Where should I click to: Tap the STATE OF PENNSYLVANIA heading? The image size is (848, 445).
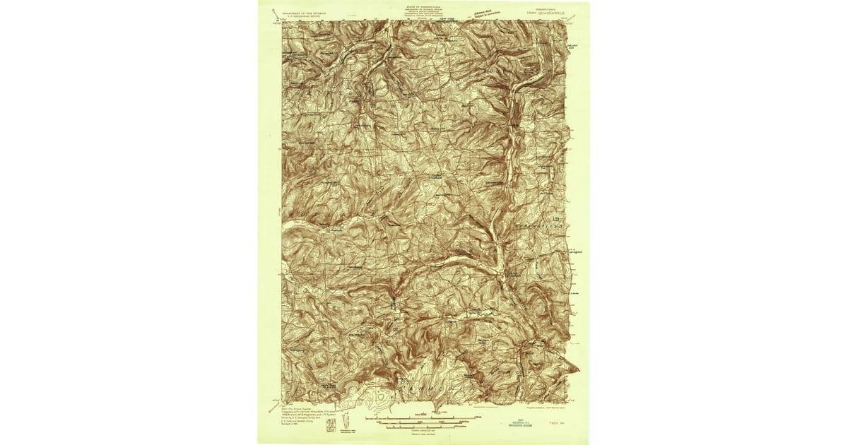coord(423,5)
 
